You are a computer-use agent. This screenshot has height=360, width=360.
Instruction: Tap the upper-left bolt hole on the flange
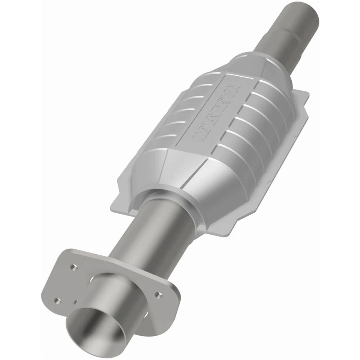click(x=73, y=267)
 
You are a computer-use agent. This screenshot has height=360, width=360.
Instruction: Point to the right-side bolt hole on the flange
click(x=158, y=295)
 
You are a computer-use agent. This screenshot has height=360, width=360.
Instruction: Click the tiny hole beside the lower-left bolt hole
click(x=75, y=302)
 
